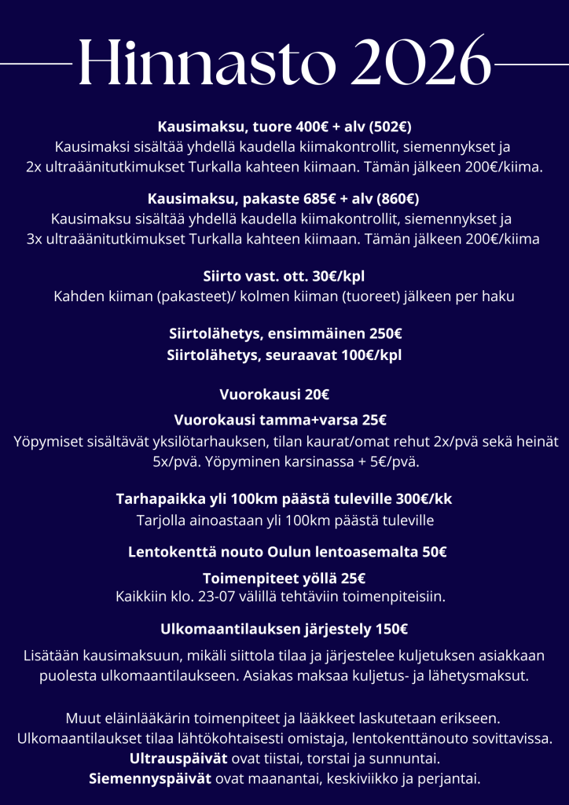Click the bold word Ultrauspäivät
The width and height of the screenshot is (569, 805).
coord(178,759)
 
